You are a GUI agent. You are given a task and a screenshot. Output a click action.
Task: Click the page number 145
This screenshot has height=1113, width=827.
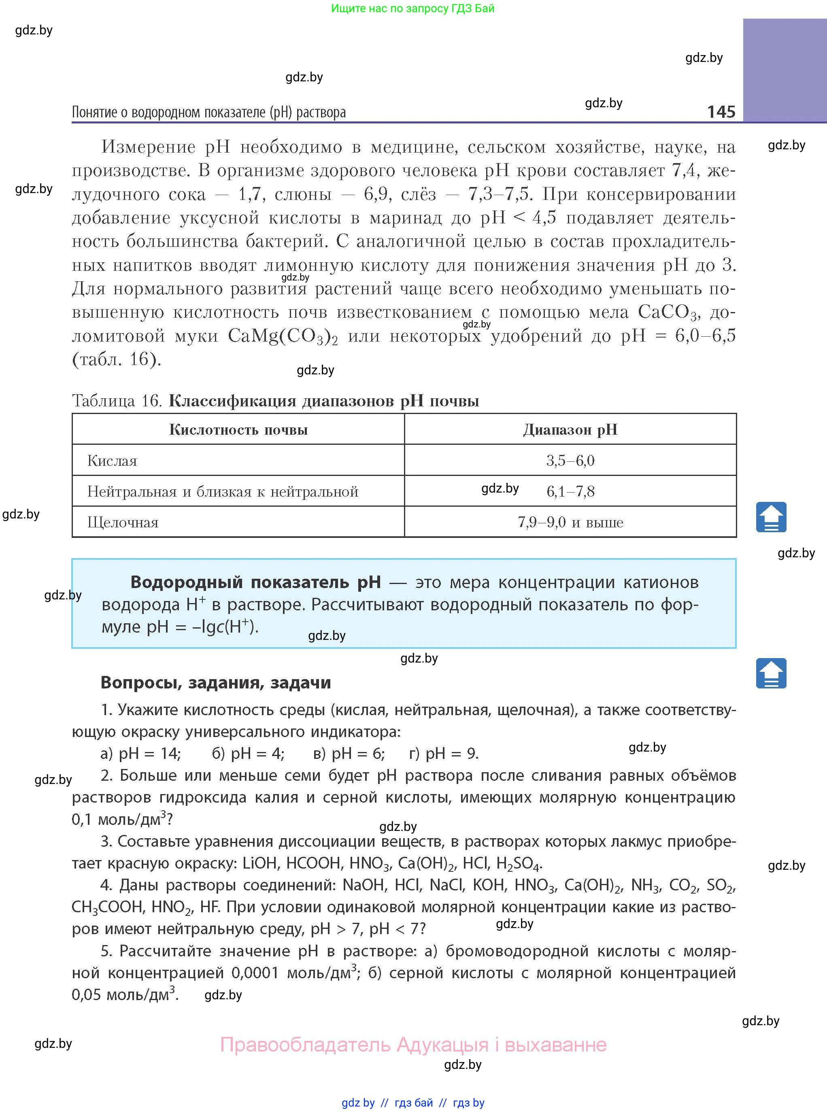(721, 111)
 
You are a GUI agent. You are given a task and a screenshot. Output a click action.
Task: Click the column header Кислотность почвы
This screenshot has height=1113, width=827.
(238, 429)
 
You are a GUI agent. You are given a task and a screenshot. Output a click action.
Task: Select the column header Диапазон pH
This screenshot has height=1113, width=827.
(570, 429)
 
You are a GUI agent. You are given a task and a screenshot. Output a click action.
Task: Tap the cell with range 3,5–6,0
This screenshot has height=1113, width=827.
(570, 461)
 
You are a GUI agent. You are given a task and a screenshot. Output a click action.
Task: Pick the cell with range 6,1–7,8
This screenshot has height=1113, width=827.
(570, 491)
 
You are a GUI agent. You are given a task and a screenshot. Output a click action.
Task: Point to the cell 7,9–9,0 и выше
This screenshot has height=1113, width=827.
(570, 523)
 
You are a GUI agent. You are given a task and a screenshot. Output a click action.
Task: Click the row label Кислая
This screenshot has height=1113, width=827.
(112, 461)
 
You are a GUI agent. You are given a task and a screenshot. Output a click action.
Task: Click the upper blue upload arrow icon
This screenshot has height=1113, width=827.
(771, 517)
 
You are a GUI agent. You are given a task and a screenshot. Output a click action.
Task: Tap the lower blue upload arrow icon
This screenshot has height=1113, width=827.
(771, 673)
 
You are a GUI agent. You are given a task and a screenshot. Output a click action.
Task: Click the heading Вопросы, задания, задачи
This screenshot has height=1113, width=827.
(216, 683)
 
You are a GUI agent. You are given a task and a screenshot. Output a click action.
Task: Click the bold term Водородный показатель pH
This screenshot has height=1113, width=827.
(255, 582)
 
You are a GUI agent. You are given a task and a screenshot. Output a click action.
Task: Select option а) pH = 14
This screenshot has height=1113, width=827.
(141, 753)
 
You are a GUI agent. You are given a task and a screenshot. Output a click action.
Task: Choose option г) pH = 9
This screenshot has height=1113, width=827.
(444, 753)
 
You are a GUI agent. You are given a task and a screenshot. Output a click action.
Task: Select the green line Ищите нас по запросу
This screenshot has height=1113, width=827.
(412, 8)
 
